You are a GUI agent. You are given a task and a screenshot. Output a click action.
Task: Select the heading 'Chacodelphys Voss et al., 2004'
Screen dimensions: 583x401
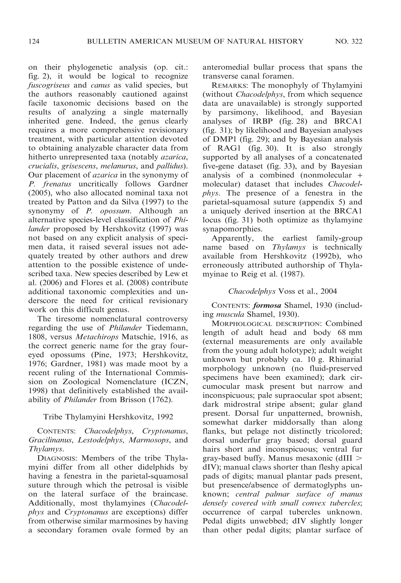point(282,291)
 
